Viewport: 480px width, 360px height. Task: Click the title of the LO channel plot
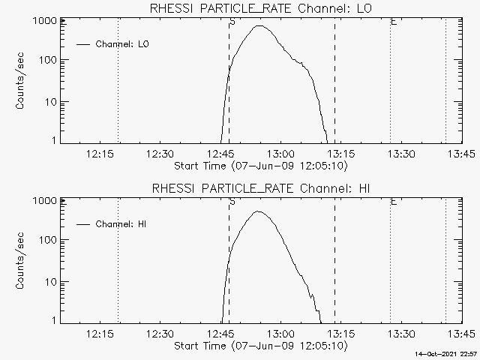260,8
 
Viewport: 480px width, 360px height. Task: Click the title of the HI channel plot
260,187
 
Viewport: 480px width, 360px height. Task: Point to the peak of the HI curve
258,211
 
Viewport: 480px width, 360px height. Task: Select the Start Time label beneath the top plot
259,166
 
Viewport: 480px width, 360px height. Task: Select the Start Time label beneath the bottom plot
259,346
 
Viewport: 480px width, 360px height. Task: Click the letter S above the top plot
232,22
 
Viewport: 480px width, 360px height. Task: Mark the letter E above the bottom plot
394,201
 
